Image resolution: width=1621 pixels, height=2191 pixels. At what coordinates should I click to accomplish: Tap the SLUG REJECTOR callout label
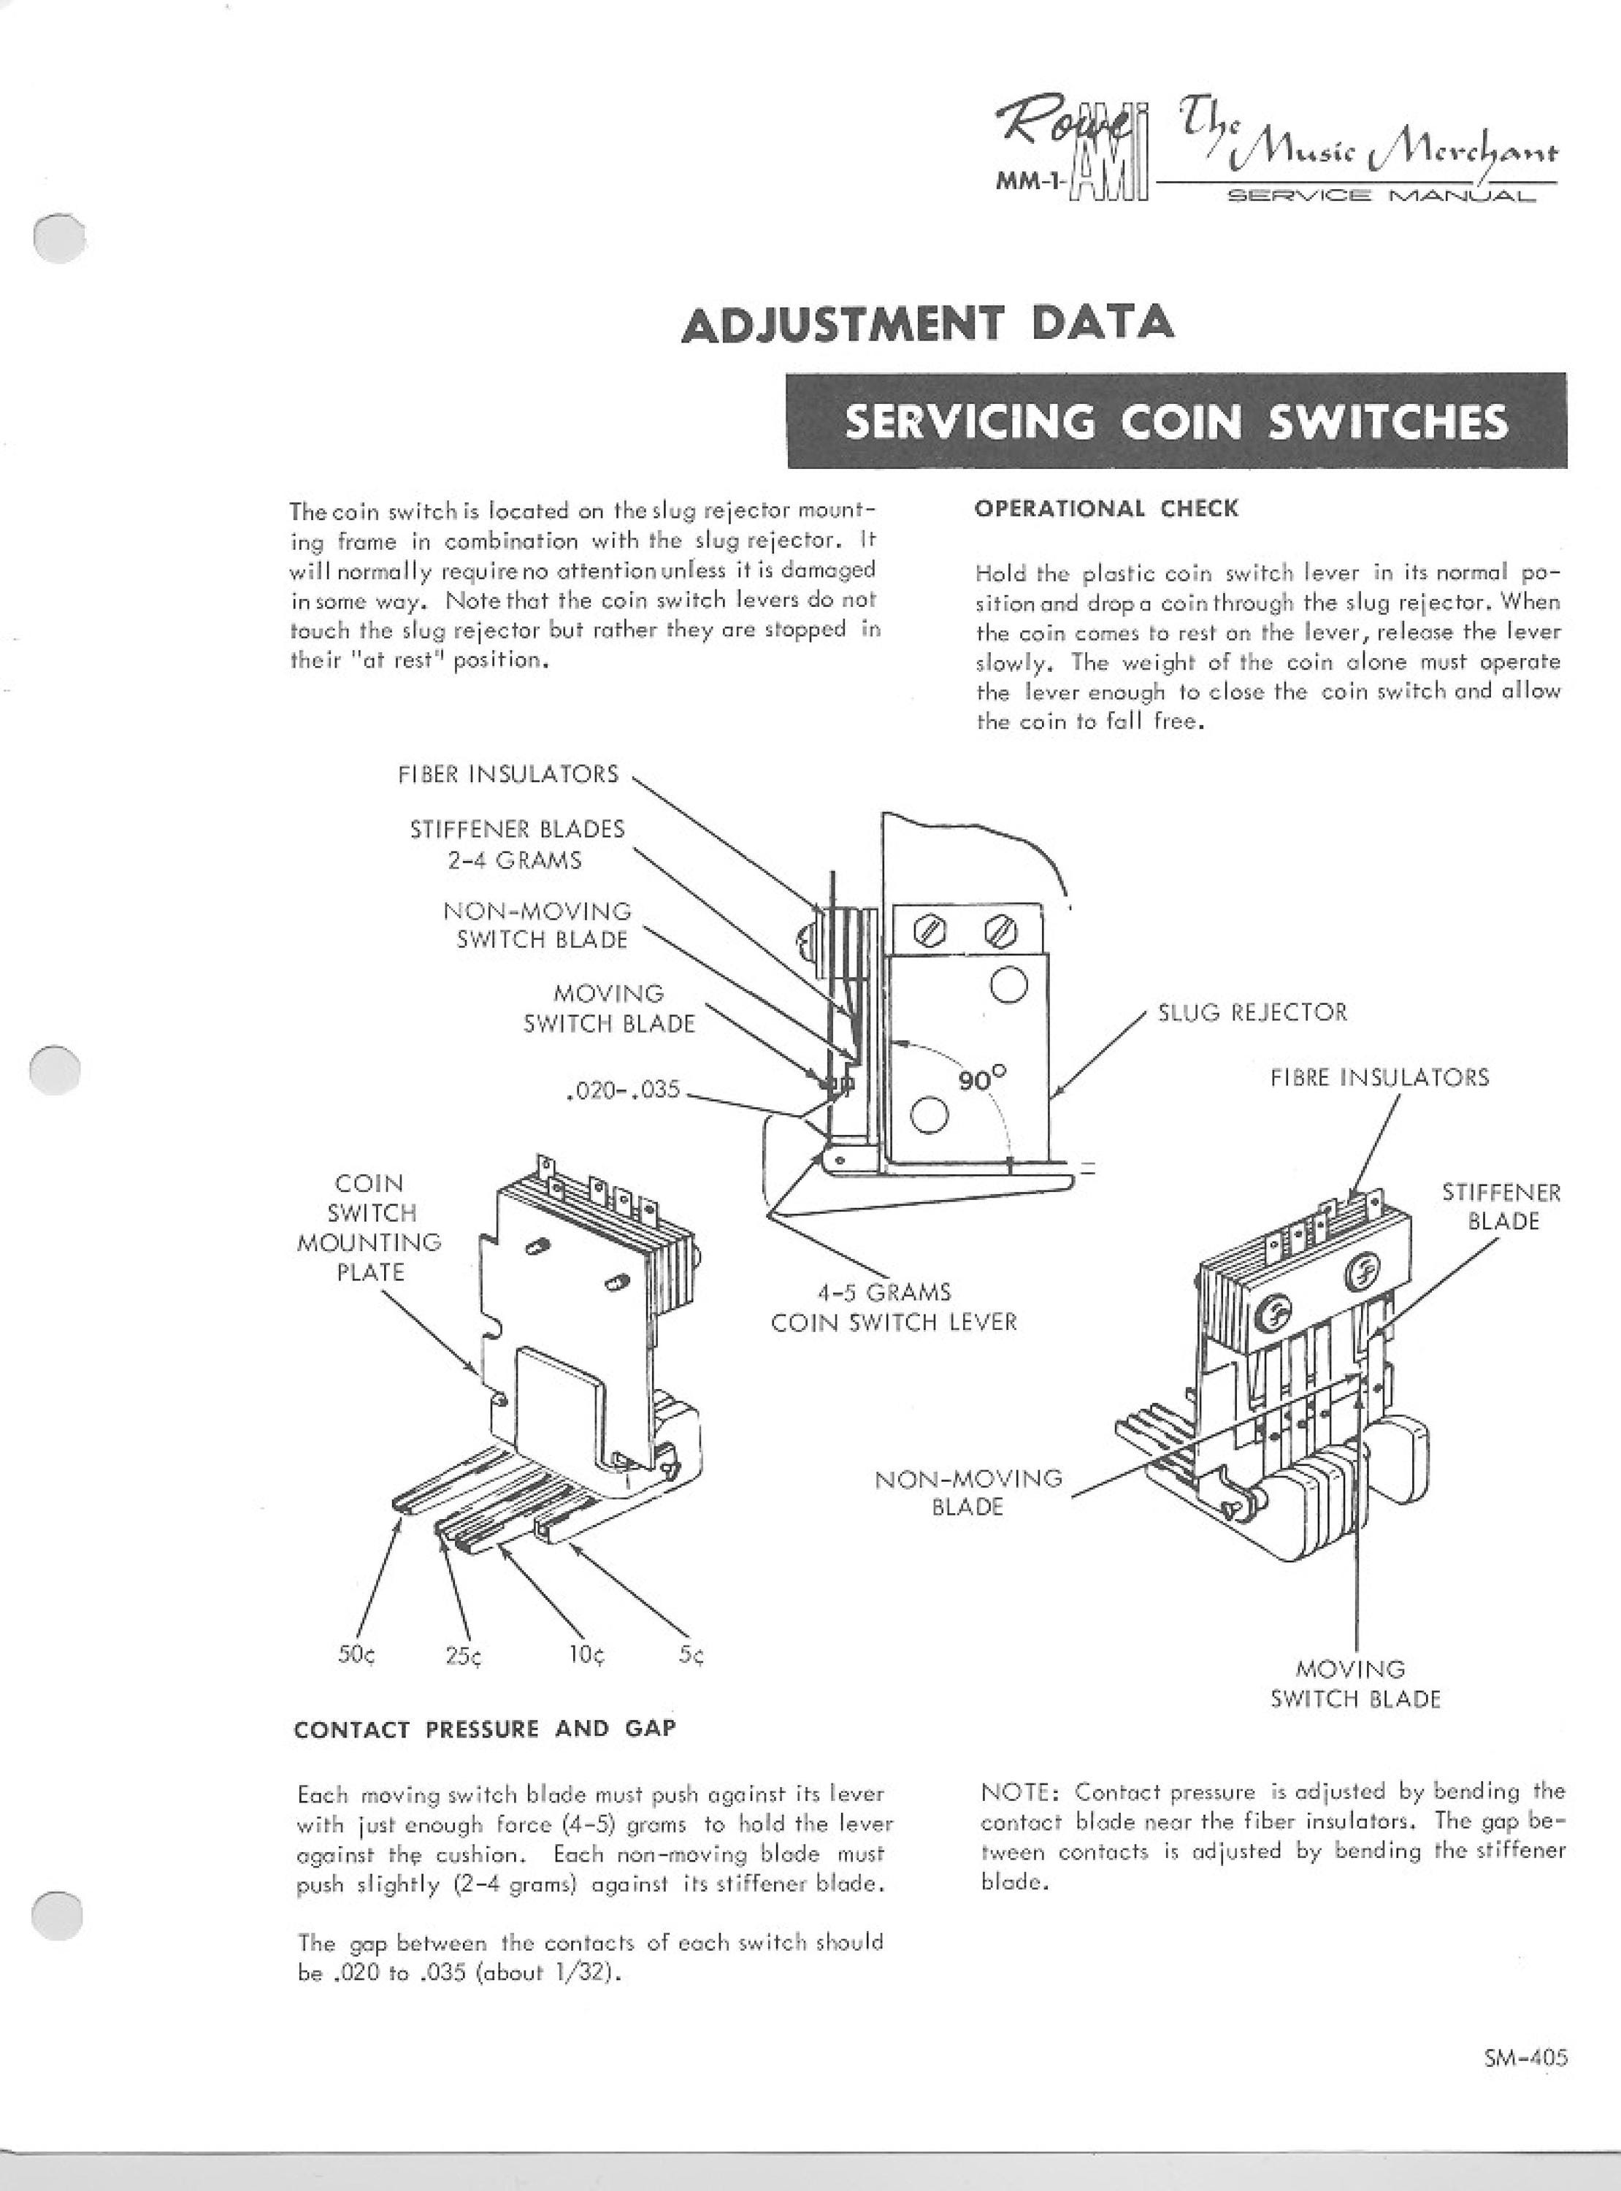pyautogui.click(x=1252, y=1012)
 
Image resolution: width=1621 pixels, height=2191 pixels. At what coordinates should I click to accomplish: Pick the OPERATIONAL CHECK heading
pyautogui.click(x=1107, y=508)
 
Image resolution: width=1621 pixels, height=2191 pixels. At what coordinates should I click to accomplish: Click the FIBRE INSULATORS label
pyautogui.click(x=1379, y=1077)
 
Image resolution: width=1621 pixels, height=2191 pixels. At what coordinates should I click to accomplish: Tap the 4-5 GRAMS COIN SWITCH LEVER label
pyautogui.click(x=894, y=1307)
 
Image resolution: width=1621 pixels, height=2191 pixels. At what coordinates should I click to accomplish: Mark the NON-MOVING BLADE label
pyautogui.click(x=968, y=1491)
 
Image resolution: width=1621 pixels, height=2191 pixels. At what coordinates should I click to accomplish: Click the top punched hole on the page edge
pyautogui.click(x=58, y=238)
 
